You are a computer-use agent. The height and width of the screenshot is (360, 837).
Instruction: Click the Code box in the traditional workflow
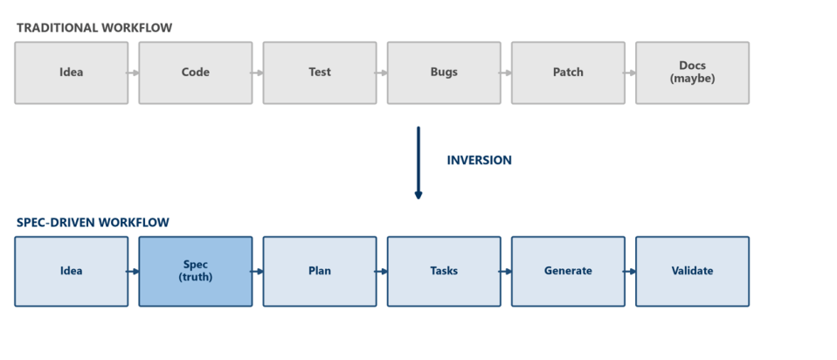click(x=196, y=73)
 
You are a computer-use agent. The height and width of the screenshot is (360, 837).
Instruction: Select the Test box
click(x=320, y=73)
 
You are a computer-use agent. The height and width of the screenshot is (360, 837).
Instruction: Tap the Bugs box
click(x=444, y=73)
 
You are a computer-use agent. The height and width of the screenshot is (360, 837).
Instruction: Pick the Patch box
click(x=568, y=73)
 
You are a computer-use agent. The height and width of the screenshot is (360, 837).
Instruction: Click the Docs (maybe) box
click(x=692, y=73)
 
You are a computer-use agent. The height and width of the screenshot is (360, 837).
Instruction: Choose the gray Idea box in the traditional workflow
click(x=72, y=73)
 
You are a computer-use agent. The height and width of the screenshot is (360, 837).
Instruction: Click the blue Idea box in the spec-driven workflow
click(x=72, y=272)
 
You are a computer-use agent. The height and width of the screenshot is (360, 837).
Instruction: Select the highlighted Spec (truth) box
click(x=196, y=272)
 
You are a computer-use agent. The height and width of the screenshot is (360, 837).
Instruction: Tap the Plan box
click(x=320, y=272)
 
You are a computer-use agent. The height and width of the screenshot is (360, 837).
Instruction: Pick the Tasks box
click(x=444, y=272)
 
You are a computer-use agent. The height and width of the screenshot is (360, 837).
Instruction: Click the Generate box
click(x=568, y=272)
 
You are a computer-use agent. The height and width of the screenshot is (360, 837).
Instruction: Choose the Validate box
click(x=692, y=272)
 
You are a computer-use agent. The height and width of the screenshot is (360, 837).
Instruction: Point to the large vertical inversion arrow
click(x=418, y=163)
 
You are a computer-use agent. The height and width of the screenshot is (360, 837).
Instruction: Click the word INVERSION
click(x=480, y=160)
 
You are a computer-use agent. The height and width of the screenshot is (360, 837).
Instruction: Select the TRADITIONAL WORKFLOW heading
click(x=94, y=28)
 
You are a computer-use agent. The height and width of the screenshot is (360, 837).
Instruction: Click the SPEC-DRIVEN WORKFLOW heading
click(x=93, y=222)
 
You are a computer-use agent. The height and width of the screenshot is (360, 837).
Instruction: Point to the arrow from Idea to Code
click(x=133, y=73)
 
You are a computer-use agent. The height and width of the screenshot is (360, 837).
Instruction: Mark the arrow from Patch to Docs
click(x=629, y=73)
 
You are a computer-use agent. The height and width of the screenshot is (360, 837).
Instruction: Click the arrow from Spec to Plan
click(x=257, y=272)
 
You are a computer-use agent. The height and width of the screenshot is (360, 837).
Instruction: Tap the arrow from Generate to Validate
click(x=629, y=272)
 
